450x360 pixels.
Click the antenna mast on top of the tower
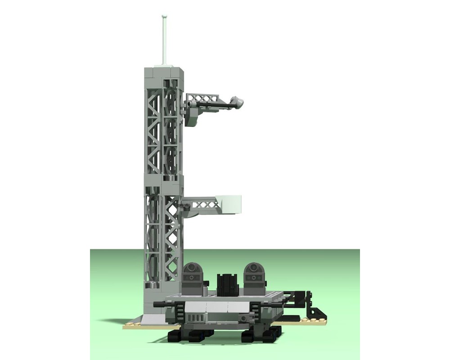[165, 40]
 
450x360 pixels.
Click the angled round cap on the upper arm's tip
[237, 103]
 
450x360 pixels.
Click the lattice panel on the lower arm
[205, 205]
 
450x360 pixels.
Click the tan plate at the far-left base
[133, 324]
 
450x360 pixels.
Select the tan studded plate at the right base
[310, 321]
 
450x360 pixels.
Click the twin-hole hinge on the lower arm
[184, 205]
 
